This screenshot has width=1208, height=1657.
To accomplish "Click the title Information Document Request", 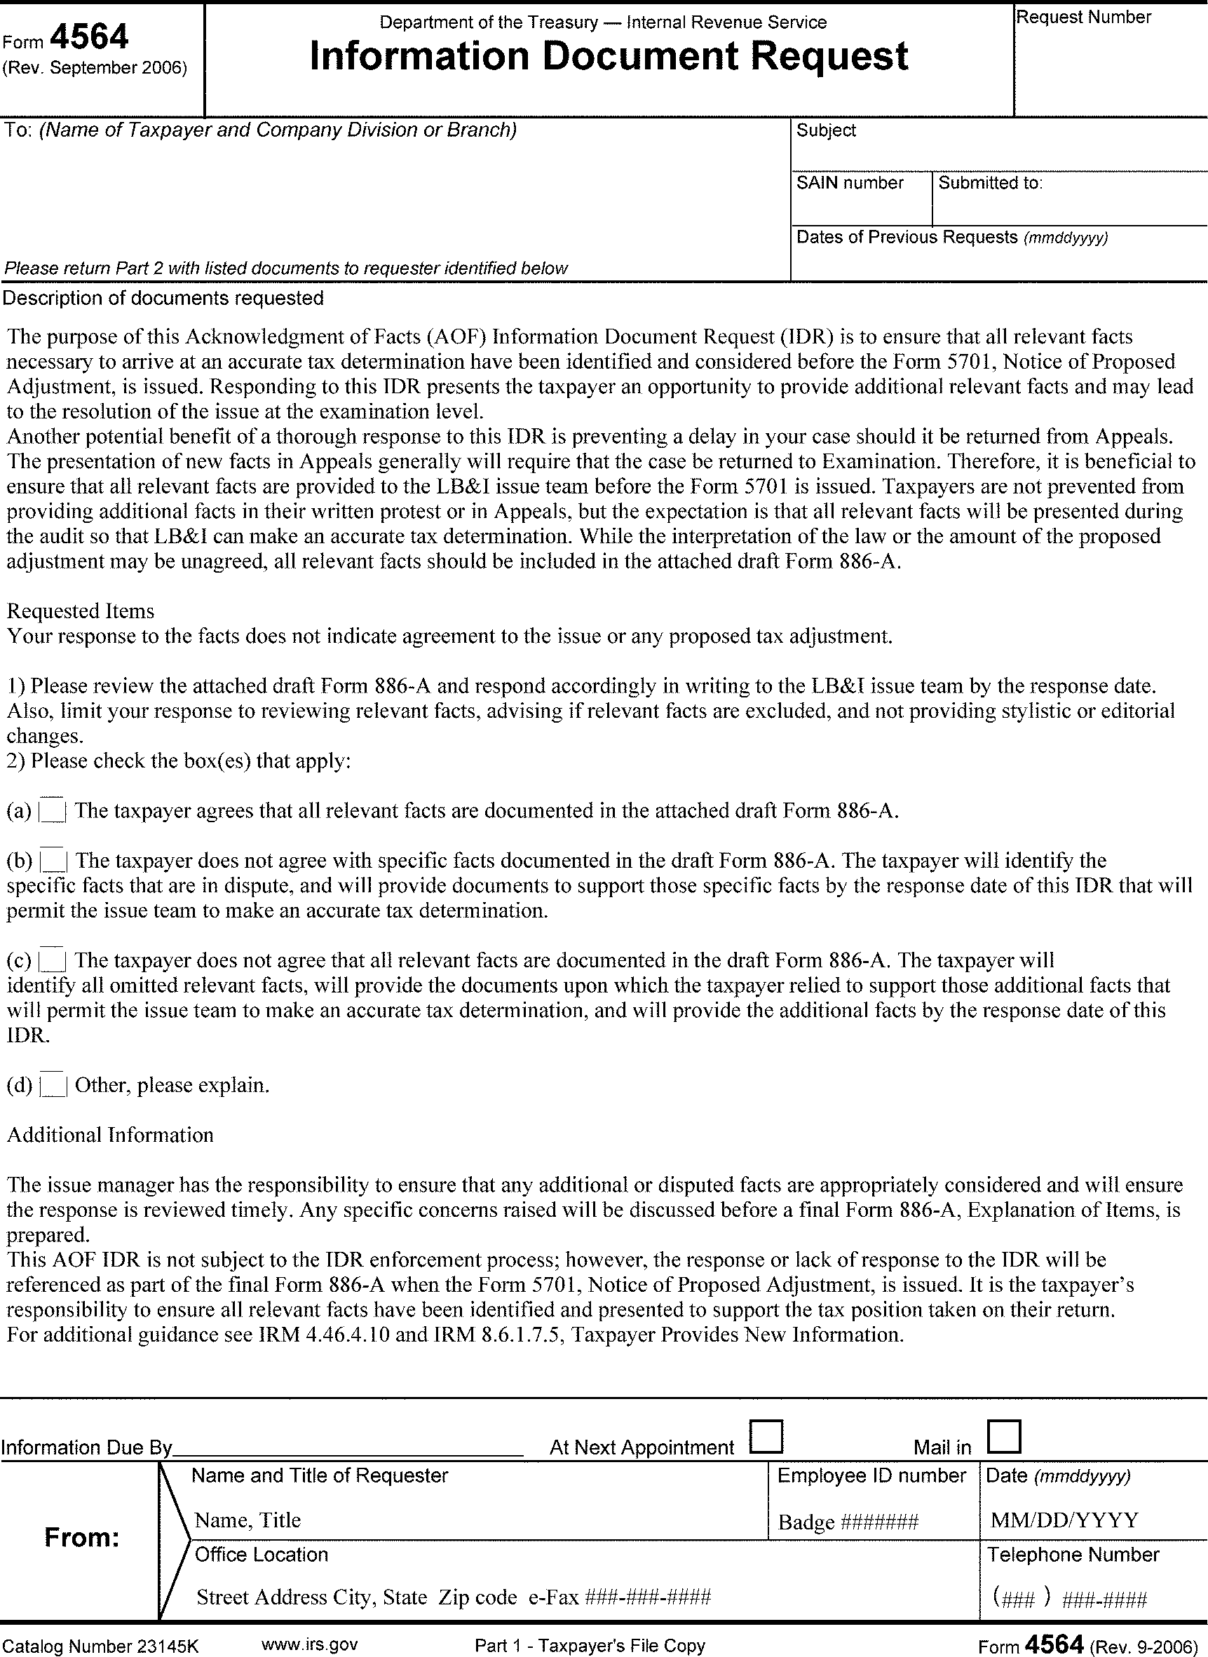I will point(609,57).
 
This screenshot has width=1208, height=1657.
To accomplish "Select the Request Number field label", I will point(1084,18).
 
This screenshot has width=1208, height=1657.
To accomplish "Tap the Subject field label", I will point(826,131).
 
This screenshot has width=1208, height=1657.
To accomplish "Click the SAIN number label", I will point(850,183).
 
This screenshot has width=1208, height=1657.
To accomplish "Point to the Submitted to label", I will point(990,183).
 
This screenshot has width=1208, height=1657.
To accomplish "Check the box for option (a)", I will point(53,811).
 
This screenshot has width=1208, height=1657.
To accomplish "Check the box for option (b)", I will point(53,861).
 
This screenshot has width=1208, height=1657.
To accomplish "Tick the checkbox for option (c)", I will point(53,960).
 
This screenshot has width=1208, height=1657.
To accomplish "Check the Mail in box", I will point(1003,1436).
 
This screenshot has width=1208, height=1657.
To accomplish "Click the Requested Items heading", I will point(81,611).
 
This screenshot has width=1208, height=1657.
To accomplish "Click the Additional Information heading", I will point(110,1135).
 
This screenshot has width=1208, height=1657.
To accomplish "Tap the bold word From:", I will point(82,1538).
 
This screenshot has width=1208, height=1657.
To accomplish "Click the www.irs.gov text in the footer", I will point(309,1645).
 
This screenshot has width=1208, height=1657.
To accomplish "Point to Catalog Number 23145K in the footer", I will point(100,1646).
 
